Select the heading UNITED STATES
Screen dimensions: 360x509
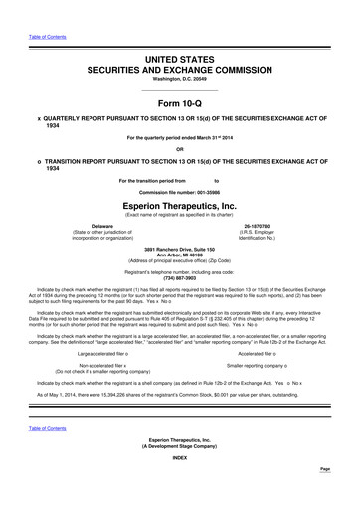pyautogui.click(x=179, y=61)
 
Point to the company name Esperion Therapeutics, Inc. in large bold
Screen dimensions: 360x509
pyautogui.click(x=179, y=205)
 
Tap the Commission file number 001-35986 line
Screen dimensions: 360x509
pyautogui.click(x=179, y=191)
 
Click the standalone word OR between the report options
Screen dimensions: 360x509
pyautogui.click(x=179, y=151)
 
